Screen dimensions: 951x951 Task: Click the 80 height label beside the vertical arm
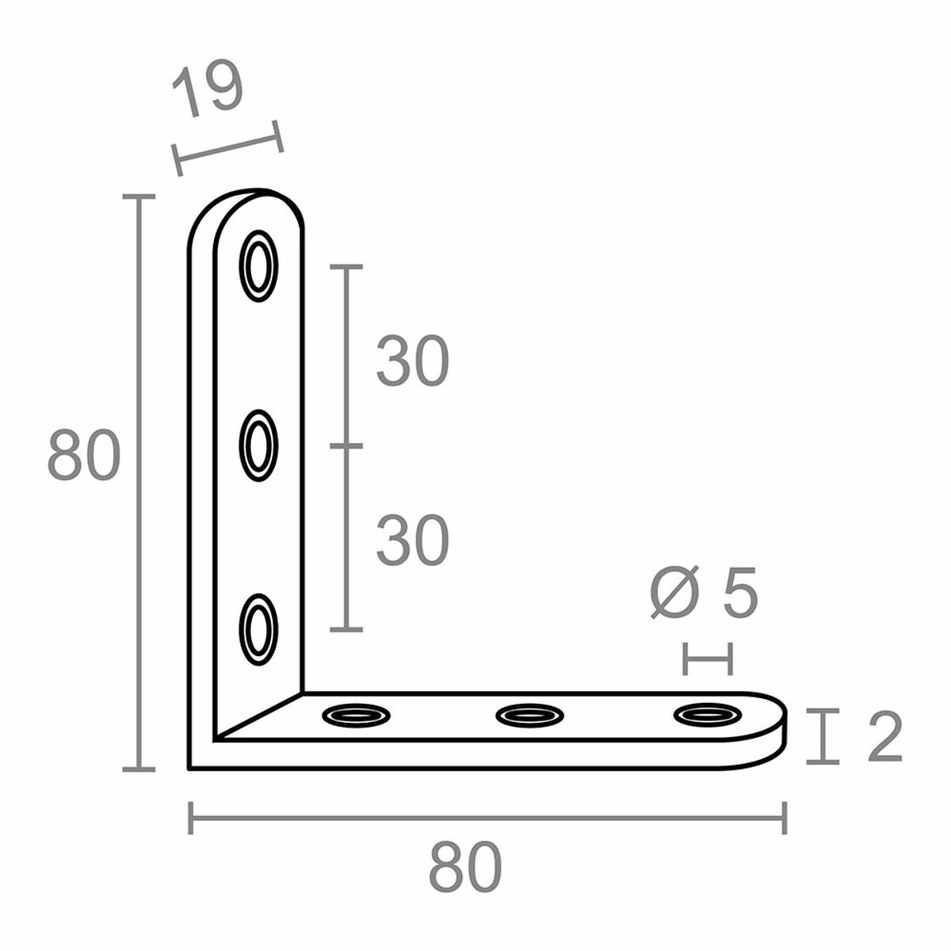84,455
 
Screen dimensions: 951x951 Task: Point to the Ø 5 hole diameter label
704,592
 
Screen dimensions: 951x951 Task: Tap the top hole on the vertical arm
258,266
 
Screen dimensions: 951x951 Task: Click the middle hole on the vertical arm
258,445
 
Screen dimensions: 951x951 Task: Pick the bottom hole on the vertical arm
258,629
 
